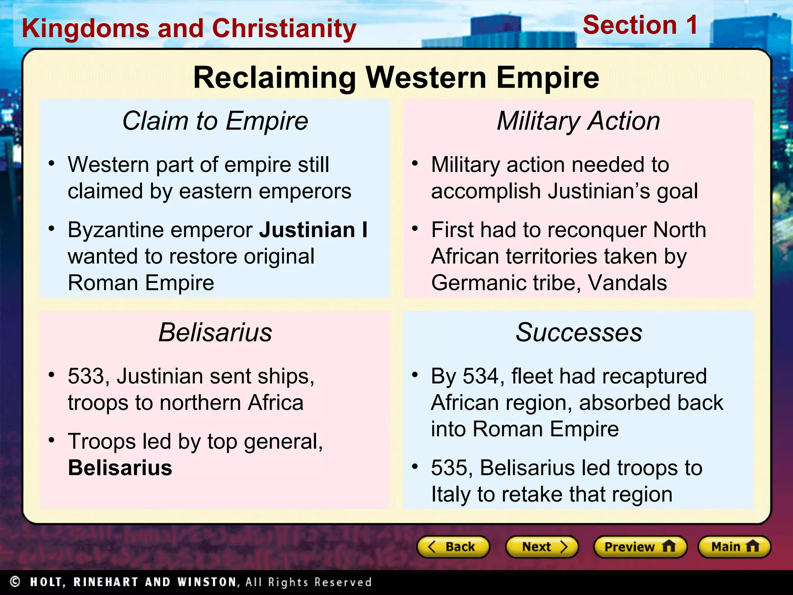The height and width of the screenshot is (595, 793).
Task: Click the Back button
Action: [x=453, y=547]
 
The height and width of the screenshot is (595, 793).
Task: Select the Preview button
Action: [x=640, y=547]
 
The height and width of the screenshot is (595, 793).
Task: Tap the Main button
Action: [x=734, y=547]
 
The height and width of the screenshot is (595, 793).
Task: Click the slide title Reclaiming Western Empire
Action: [x=396, y=77]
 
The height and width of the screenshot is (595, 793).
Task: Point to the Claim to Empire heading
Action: [x=215, y=121]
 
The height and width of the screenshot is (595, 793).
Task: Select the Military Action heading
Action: [x=578, y=121]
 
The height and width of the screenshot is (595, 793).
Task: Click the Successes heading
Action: [x=579, y=332]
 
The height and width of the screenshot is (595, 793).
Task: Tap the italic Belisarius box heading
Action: [x=215, y=332]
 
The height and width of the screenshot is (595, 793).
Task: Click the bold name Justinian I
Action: [x=313, y=230]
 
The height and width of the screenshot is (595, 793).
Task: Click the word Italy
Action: [x=451, y=495]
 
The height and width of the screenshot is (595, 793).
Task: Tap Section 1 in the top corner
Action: [x=640, y=25]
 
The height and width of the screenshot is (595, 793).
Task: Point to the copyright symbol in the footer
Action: [x=15, y=581]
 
